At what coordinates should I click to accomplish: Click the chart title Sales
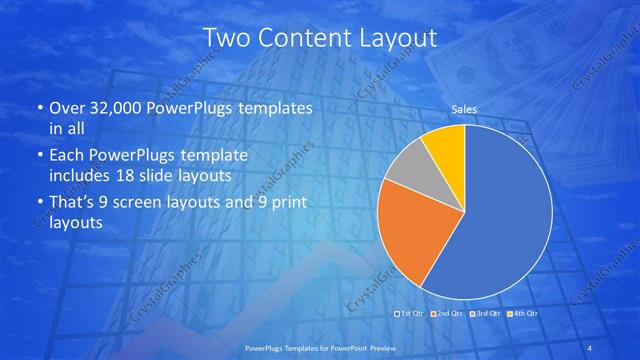[x=465, y=109]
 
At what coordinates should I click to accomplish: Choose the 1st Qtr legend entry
[x=410, y=314]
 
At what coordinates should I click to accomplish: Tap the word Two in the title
[x=227, y=39]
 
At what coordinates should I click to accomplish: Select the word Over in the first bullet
[x=65, y=108]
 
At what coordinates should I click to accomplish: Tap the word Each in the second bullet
[x=66, y=157]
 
